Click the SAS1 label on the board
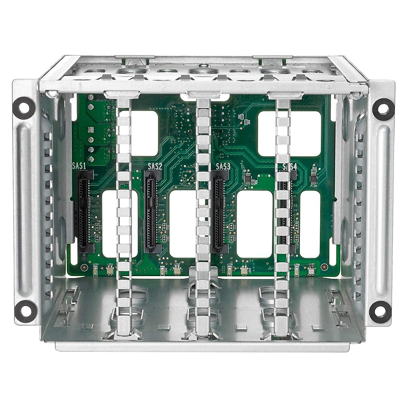(x=79, y=166)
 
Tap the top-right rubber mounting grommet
(x=381, y=107)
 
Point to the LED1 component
(x=110, y=270)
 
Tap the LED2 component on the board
(x=176, y=270)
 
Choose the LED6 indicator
(x=230, y=270)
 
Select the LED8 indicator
(x=297, y=270)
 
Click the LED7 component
(x=311, y=270)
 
